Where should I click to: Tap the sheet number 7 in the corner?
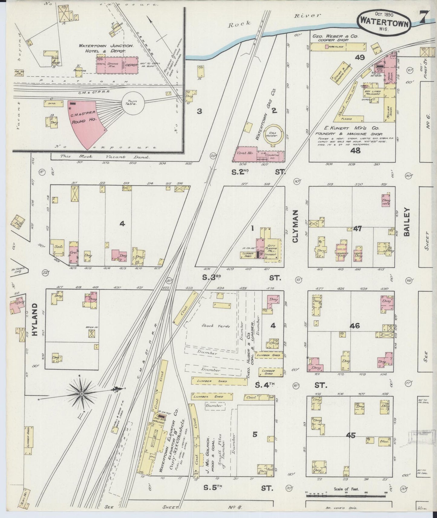[422, 18]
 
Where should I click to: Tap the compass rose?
[82, 394]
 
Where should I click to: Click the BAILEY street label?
[406, 222]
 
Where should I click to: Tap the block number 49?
[360, 57]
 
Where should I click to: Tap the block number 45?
[351, 435]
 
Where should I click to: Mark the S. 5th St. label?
[238, 487]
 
